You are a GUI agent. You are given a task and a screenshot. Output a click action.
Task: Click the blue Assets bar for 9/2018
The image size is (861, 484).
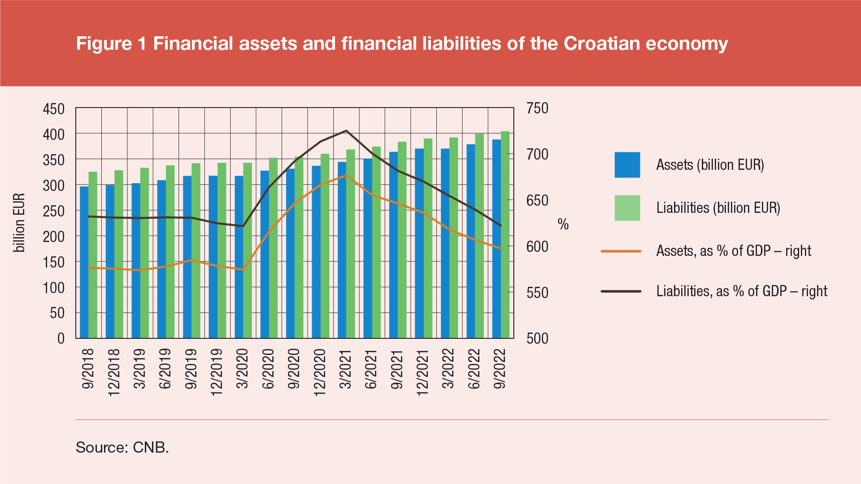click(x=84, y=262)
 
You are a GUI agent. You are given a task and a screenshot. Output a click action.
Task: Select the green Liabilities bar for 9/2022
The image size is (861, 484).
click(x=505, y=235)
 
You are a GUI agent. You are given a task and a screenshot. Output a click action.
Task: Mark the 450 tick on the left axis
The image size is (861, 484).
click(x=54, y=109)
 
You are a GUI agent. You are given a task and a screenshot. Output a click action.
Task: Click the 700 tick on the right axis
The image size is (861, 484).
click(x=537, y=155)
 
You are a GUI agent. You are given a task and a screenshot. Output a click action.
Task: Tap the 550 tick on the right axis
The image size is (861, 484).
click(x=537, y=293)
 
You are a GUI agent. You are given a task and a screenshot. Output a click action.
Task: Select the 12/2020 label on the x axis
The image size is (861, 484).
click(x=319, y=372)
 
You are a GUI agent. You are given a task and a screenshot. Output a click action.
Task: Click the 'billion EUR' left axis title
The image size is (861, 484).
click(x=19, y=223)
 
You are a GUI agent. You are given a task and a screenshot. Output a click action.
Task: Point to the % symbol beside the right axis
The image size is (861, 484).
click(x=563, y=224)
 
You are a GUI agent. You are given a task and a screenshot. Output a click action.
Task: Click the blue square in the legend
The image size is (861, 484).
click(x=627, y=165)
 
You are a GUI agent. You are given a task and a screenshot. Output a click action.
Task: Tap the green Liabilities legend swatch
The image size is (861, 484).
click(x=627, y=208)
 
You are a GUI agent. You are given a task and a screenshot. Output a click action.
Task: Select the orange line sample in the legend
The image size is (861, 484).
click(x=621, y=251)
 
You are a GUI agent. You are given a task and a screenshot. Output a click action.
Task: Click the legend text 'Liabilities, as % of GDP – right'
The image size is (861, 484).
click(x=742, y=291)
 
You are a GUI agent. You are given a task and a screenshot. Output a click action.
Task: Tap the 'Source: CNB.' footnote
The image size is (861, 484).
click(x=122, y=447)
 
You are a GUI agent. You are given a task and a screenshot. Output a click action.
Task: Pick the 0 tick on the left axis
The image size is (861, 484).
click(x=61, y=338)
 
